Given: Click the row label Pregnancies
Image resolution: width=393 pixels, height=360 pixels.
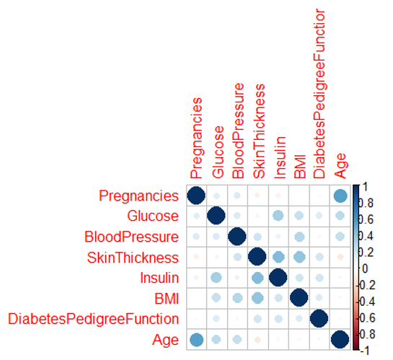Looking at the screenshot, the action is [x=138, y=196].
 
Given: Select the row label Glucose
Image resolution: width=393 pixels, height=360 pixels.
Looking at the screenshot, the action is [x=153, y=216].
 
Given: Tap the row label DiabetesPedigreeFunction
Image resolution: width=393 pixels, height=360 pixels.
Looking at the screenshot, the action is [x=94, y=319].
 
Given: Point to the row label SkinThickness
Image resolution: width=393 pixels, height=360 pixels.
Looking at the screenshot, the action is [x=133, y=258].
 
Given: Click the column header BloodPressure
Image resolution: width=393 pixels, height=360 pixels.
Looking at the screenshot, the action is [x=238, y=131].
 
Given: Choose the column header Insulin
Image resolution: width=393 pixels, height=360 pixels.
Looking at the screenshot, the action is [x=280, y=157].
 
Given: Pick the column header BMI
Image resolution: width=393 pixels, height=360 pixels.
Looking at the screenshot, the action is [x=300, y=167].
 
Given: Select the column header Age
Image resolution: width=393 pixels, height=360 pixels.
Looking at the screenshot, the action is [x=340, y=166].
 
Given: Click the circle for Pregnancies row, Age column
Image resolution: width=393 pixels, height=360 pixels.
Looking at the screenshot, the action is [x=340, y=196].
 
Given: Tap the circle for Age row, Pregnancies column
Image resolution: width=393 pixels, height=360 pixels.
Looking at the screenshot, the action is [x=196, y=340].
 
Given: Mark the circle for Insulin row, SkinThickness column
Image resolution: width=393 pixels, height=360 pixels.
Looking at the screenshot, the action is [x=257, y=278].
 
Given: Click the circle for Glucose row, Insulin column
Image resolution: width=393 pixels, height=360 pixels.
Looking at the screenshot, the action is [x=278, y=216].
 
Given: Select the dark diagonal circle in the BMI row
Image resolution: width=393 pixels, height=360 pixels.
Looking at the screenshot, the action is [x=299, y=297].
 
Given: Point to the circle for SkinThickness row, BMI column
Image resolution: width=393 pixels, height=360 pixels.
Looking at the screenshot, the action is [x=299, y=257].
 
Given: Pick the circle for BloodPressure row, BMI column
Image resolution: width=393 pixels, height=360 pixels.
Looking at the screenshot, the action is [x=299, y=237].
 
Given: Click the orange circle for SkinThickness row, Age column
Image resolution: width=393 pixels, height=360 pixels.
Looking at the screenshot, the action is [x=340, y=257].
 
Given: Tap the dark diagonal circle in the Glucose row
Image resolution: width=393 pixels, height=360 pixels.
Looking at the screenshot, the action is [x=216, y=216].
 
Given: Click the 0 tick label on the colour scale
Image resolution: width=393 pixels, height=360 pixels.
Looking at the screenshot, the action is [x=365, y=268].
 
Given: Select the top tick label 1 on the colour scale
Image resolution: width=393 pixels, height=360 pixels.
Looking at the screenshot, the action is [x=365, y=187].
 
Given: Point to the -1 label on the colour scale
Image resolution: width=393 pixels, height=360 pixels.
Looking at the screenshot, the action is [x=365, y=351].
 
